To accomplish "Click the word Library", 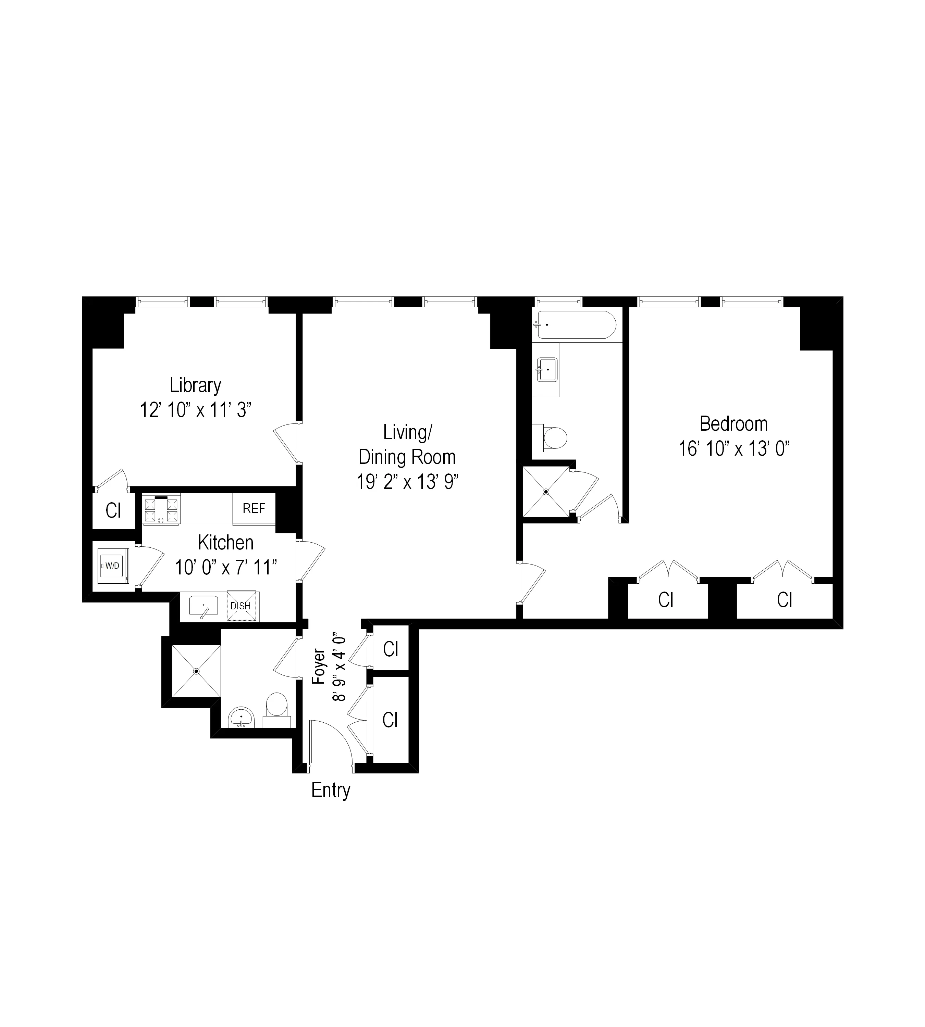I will point(195,385).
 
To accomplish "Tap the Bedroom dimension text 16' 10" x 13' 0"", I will point(733,449).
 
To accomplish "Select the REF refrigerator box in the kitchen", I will point(254,508).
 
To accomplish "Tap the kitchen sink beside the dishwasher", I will point(203,606).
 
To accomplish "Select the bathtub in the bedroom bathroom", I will point(576,325).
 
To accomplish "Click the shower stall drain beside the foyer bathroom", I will point(196,671).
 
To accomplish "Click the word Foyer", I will point(319,667).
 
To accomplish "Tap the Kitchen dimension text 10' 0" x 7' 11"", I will point(226,567).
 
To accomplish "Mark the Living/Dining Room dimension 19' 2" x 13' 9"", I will point(407,482).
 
